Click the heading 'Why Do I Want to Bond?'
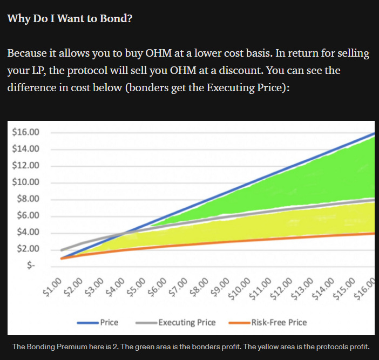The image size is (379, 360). click(x=70, y=18)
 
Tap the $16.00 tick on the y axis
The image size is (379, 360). click(x=25, y=132)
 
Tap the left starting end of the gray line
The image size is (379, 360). click(x=62, y=250)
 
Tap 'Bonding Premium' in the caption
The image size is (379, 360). click(x=60, y=346)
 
